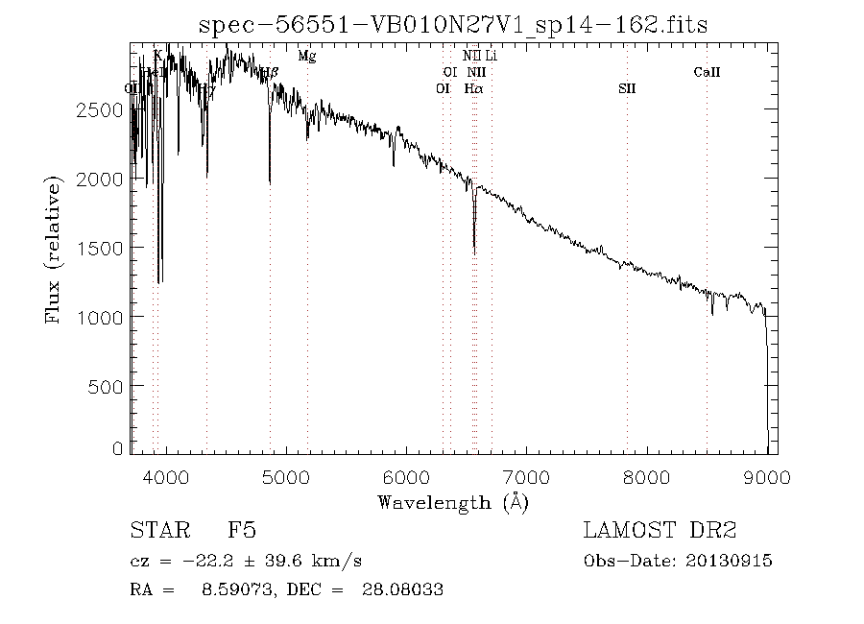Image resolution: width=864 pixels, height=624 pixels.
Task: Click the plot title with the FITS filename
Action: pyautogui.click(x=452, y=25)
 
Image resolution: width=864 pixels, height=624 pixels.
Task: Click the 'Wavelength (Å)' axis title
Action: pyautogui.click(x=452, y=502)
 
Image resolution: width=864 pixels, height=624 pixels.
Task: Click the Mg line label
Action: pyautogui.click(x=306, y=57)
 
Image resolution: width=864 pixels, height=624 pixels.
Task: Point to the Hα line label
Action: pyautogui.click(x=473, y=88)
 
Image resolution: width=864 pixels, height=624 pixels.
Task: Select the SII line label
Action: pyautogui.click(x=627, y=88)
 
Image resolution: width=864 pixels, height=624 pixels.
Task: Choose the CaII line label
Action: pyautogui.click(x=707, y=72)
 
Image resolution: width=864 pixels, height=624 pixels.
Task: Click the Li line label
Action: pyautogui.click(x=491, y=57)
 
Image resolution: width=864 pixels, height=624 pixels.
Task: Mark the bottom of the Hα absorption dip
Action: pyautogui.click(x=474, y=252)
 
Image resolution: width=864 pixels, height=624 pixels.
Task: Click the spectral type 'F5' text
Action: pyautogui.click(x=241, y=531)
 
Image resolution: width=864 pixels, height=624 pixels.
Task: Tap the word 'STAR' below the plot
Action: pyautogui.click(x=155, y=531)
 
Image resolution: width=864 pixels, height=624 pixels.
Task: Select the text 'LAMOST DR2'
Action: pyautogui.click(x=660, y=531)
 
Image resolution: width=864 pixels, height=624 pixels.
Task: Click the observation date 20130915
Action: pyautogui.click(x=731, y=561)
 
